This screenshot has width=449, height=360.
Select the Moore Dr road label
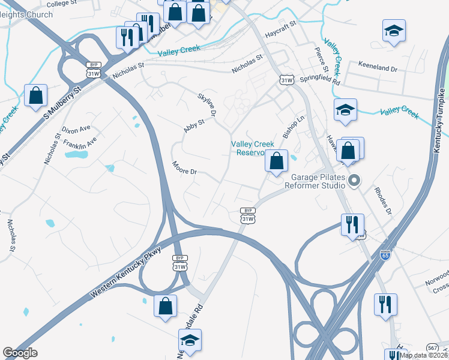click(184, 168)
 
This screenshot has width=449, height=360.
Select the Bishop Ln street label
click(294, 127)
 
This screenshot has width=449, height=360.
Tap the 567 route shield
click(432, 347)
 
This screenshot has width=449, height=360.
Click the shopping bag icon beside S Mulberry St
click(35, 96)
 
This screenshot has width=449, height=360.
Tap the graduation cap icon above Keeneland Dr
click(394, 31)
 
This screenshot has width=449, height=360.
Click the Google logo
click(20, 353)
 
